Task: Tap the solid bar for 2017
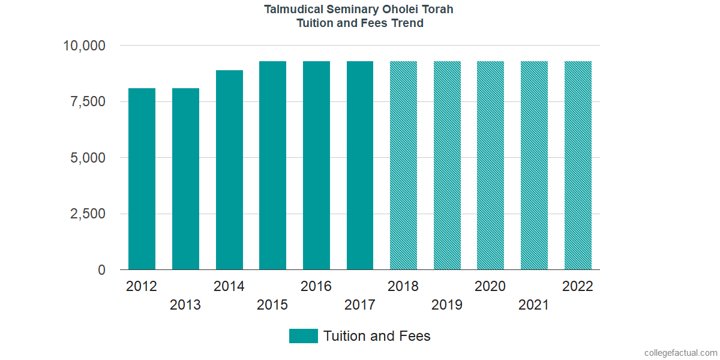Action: point(360,166)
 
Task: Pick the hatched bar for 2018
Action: point(403,166)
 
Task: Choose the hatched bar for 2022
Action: point(578,166)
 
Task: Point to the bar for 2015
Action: point(272,166)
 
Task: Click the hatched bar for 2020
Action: point(490,166)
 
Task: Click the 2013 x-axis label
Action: point(185,305)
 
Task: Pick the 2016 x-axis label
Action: point(316,286)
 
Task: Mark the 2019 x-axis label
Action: point(447,305)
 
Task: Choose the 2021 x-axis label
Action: point(534,305)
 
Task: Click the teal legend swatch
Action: point(303,336)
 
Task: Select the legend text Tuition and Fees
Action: point(377,336)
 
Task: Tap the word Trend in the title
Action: point(407,23)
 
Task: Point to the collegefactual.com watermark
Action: point(680,353)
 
